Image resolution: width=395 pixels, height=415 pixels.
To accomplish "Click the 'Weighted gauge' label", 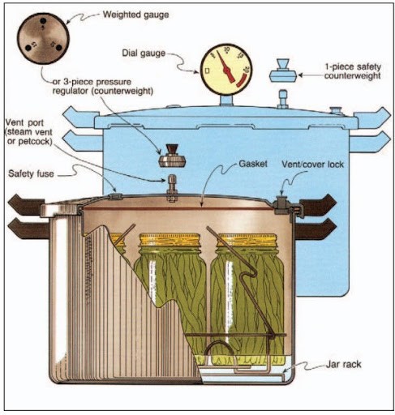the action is [135, 15].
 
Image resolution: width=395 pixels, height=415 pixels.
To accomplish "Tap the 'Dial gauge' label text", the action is [144, 53].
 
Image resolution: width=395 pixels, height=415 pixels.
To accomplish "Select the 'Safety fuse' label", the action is [31, 173].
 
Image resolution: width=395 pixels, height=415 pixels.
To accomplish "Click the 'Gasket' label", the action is [253, 164].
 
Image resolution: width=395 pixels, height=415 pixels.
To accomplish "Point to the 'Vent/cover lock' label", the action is [313, 164].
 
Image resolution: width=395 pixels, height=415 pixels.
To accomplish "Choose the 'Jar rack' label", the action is [343, 364].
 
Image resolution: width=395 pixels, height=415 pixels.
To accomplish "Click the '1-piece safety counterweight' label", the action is [353, 71].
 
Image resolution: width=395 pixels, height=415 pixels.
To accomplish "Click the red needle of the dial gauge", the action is [225, 66].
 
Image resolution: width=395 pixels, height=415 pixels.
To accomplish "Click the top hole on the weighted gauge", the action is [42, 21].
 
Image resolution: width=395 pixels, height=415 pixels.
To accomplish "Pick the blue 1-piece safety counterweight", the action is [283, 71].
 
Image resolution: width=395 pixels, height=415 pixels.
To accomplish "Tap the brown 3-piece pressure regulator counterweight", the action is [171, 156].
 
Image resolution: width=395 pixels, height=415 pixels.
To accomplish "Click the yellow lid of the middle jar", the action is [170, 240].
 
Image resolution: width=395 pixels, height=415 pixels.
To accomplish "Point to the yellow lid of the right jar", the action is [247, 240].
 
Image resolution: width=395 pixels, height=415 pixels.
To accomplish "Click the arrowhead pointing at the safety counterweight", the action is [301, 75].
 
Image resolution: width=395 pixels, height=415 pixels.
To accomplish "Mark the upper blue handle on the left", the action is [79, 116].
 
